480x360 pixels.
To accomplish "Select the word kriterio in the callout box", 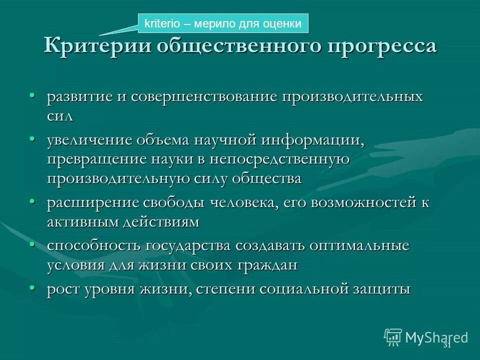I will (x=160, y=23).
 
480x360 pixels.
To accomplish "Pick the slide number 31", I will (x=447, y=345).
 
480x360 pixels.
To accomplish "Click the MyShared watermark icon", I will (x=393, y=337).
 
